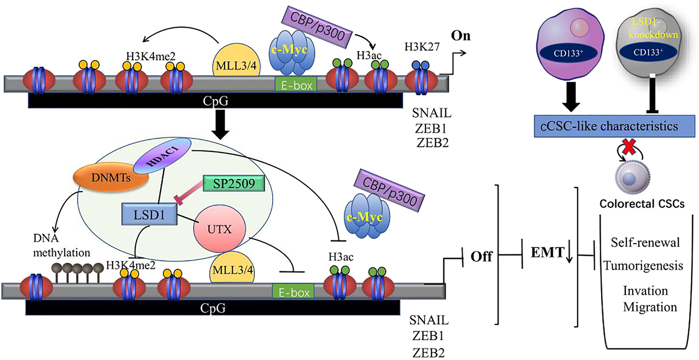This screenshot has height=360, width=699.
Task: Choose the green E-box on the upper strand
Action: (295, 84)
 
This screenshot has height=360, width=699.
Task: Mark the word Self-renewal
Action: (646, 243)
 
